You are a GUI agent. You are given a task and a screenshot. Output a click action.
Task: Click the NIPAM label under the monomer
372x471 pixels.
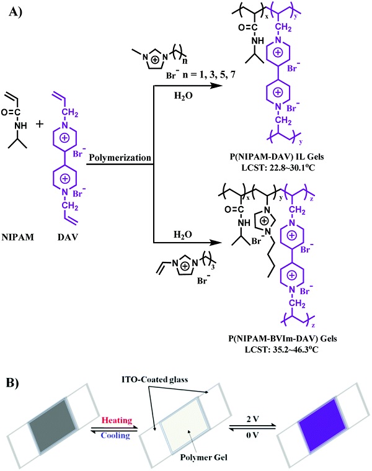pyautogui.click(x=18, y=237)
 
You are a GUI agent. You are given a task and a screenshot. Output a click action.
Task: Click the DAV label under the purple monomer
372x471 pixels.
pyautogui.click(x=68, y=237)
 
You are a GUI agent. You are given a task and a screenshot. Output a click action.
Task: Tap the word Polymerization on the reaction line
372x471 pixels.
pyautogui.click(x=120, y=158)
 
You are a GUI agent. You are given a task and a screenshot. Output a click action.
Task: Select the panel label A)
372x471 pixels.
pyautogui.click(x=15, y=12)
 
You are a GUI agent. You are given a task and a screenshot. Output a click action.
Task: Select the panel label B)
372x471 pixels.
pyautogui.click(x=12, y=383)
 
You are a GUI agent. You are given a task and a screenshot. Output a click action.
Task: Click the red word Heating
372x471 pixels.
pyautogui.click(x=117, y=420)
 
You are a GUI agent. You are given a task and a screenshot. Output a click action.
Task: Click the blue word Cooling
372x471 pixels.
pyautogui.click(x=115, y=435)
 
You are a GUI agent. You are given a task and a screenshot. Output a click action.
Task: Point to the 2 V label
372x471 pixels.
pyautogui.click(x=252, y=419)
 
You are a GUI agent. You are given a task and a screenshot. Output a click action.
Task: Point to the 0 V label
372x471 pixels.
pyautogui.click(x=252, y=434)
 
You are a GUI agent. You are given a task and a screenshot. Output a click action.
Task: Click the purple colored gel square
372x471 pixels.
pyautogui.click(x=322, y=424)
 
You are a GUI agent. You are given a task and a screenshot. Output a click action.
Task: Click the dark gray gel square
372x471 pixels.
pyautogui.click(x=53, y=426)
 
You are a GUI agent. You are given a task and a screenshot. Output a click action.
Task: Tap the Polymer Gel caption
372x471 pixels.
pyautogui.click(x=204, y=457)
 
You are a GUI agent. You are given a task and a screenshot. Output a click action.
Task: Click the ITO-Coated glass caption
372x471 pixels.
pyautogui.click(x=155, y=379)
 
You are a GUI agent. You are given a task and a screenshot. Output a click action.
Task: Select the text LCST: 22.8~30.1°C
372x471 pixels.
pyautogui.click(x=278, y=168)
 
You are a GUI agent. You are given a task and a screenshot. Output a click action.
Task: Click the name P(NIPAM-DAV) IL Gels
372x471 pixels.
pyautogui.click(x=278, y=156)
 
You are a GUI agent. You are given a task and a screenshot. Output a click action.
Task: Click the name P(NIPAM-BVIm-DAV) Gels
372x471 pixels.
pyautogui.click(x=283, y=339)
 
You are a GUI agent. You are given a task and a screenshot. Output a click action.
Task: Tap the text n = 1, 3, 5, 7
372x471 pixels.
pyautogui.click(x=209, y=74)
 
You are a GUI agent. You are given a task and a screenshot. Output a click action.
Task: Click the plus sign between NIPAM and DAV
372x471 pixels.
pyautogui.click(x=40, y=124)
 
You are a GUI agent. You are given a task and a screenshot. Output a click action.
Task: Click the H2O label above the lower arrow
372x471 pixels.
pyautogui.click(x=183, y=235)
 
